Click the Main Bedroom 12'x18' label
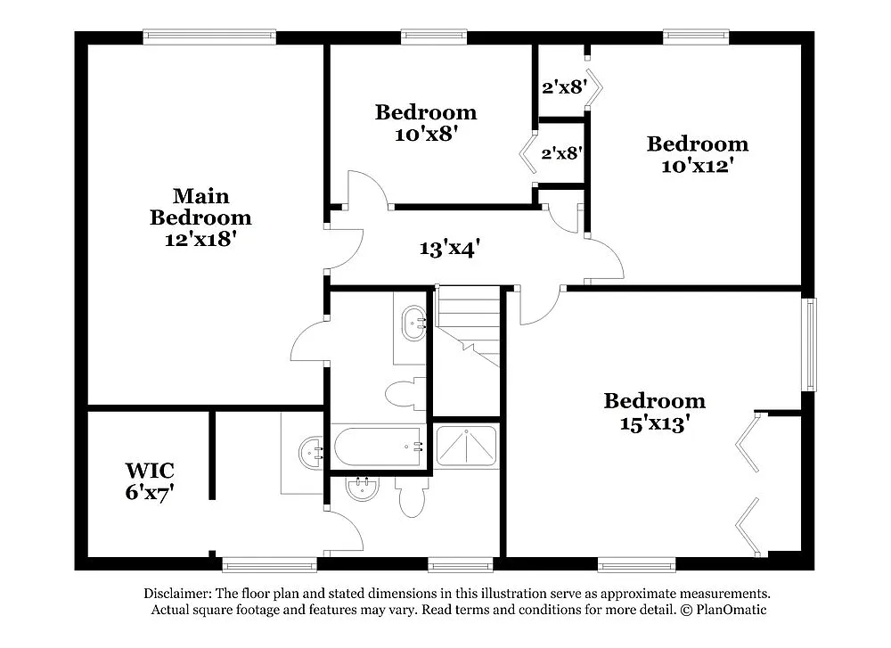click(200, 217)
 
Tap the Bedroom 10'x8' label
click(426, 123)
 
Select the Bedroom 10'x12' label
click(698, 154)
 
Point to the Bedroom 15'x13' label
click(654, 411)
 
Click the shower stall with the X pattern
click(466, 446)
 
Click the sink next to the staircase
click(414, 323)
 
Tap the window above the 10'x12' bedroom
click(696, 37)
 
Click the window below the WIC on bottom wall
click(268, 564)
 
